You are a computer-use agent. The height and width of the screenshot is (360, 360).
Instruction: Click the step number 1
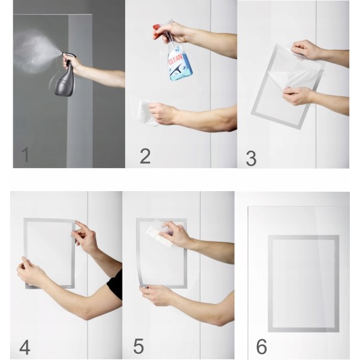26,155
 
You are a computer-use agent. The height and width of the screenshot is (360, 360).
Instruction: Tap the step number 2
145,156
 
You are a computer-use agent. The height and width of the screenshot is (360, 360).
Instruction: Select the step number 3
251,158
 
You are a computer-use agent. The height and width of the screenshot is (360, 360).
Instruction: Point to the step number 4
25,347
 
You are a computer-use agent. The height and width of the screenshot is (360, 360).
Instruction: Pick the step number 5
139,346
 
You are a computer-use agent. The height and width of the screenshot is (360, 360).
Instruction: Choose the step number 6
261,347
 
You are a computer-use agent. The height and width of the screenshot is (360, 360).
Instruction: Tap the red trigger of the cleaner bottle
157,30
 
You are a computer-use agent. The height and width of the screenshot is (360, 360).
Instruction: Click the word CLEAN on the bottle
176,60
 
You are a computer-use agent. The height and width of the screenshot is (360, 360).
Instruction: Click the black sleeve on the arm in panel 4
116,285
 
